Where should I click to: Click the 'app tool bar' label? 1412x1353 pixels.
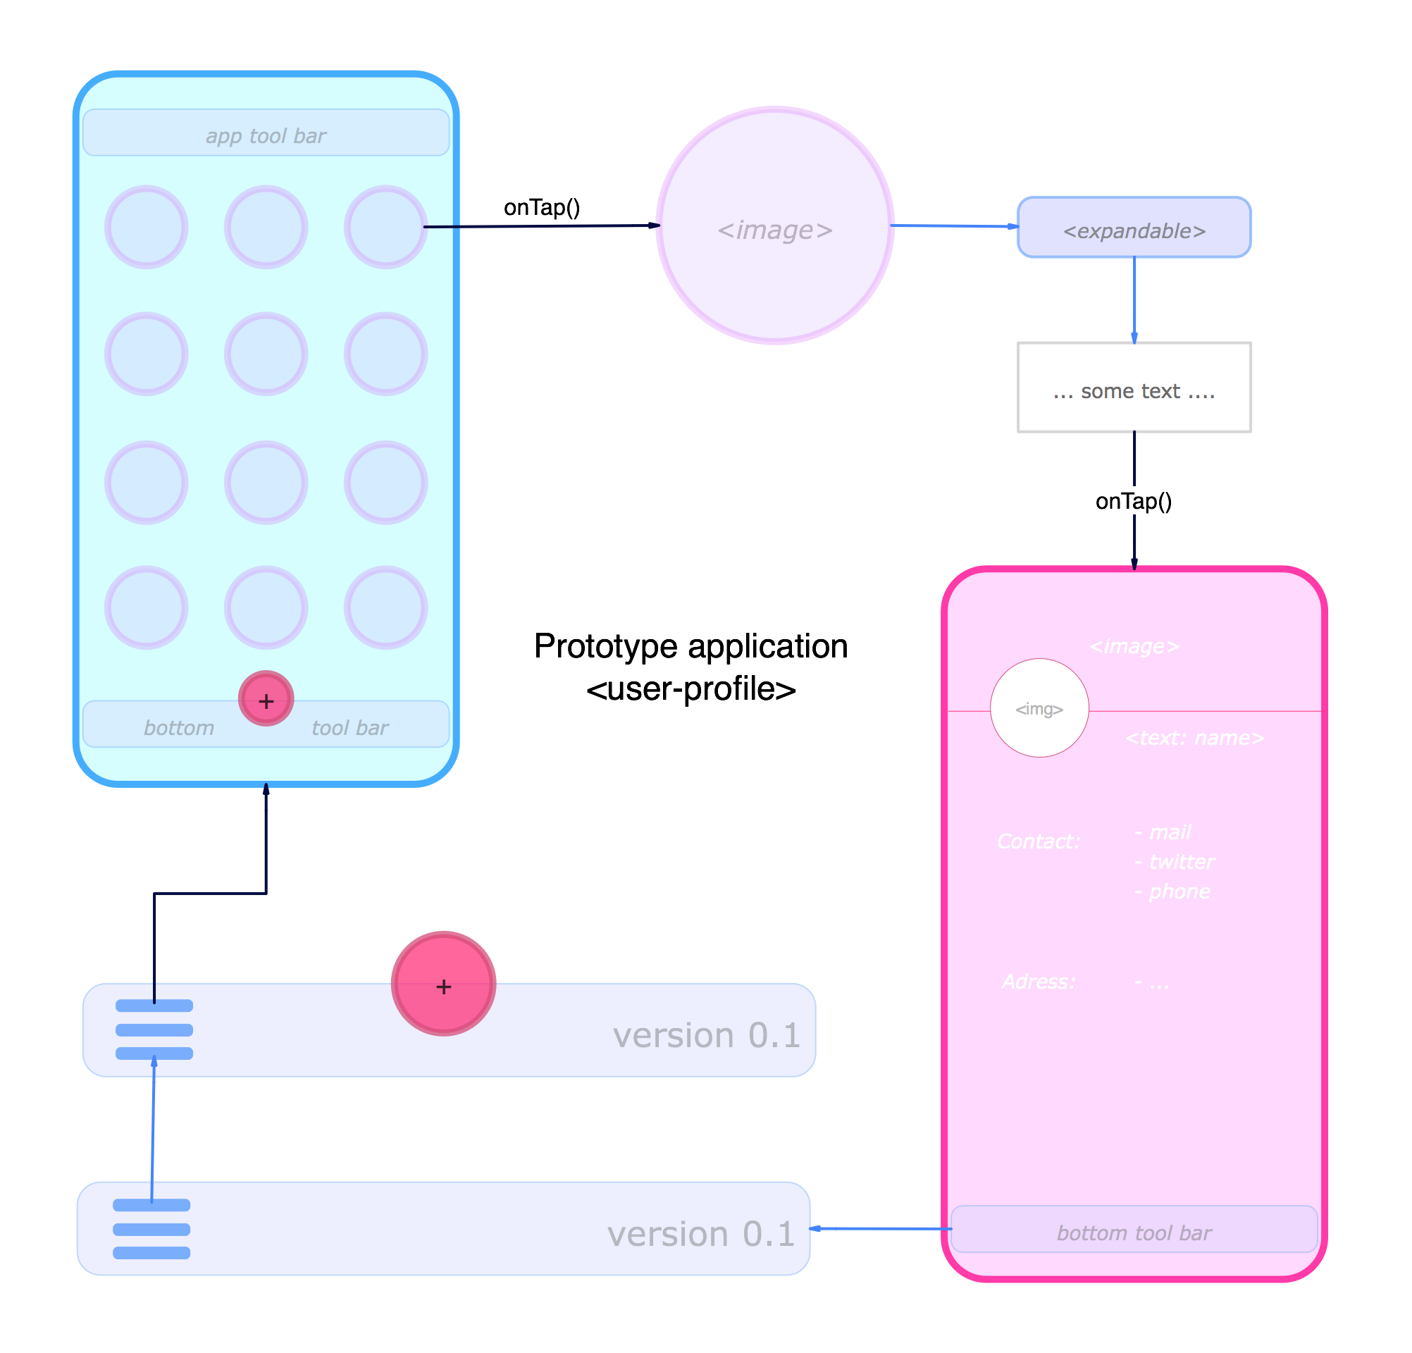click(x=266, y=135)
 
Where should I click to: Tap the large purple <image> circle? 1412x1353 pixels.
click(x=774, y=226)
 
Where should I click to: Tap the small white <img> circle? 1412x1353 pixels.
click(x=1039, y=708)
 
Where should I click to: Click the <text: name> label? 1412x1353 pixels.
click(x=1194, y=738)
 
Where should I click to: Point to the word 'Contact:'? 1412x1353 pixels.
click(x=1038, y=841)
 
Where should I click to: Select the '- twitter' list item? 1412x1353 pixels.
click(x=1175, y=862)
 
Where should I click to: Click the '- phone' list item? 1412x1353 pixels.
click(x=1172, y=891)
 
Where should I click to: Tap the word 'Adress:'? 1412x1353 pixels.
click(x=1038, y=981)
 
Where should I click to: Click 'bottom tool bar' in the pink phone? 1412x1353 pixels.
click(x=1134, y=1232)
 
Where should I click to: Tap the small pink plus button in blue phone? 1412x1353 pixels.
click(x=266, y=700)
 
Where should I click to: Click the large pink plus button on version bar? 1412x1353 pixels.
click(x=443, y=984)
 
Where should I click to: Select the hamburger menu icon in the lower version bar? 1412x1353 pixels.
click(x=151, y=1229)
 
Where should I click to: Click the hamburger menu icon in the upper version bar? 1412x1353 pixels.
click(x=154, y=1030)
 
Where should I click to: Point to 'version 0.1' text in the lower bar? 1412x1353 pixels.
click(x=700, y=1233)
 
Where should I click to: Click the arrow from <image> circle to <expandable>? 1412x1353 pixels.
click(x=955, y=226)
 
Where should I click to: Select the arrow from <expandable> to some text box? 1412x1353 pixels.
click(x=1134, y=299)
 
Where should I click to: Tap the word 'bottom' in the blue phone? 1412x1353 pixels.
click(x=179, y=728)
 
